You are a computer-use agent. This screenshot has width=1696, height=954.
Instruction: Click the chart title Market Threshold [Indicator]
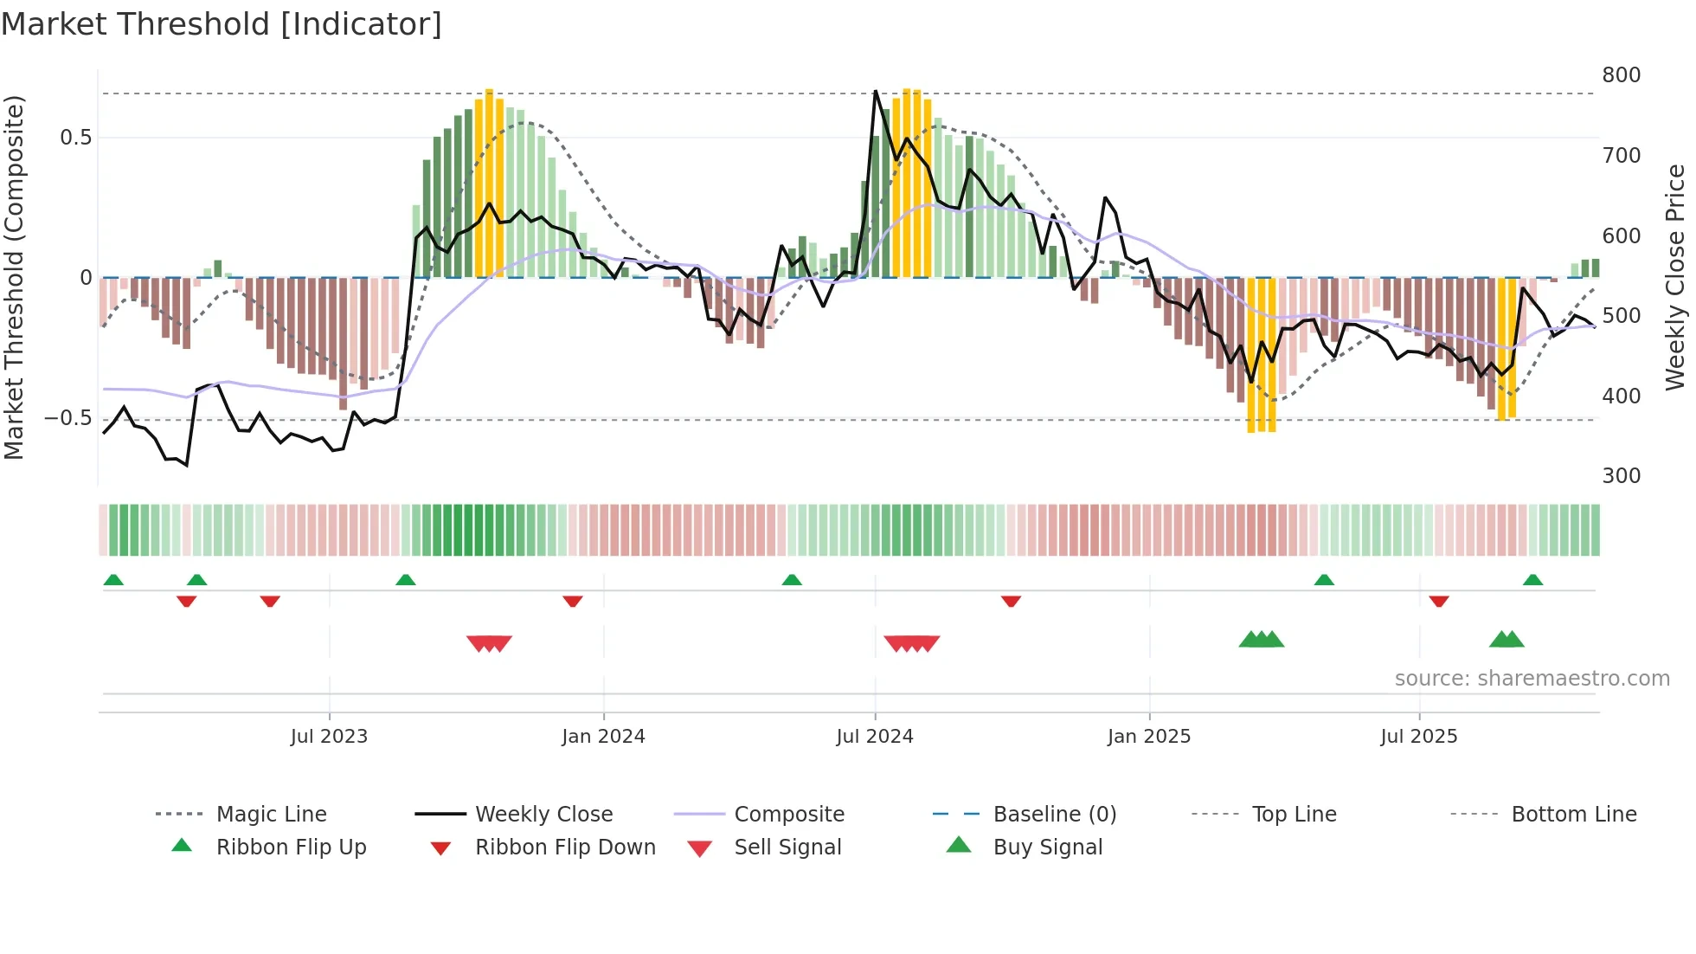tap(222, 24)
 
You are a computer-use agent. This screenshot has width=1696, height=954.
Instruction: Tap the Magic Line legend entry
tap(271, 815)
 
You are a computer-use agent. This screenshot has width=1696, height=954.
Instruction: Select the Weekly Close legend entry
tap(543, 815)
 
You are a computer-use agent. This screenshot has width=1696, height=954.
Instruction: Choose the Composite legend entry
tap(788, 815)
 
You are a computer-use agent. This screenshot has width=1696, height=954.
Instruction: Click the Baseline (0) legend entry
tap(1054, 815)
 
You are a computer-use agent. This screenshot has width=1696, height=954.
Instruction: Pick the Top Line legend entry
tap(1294, 815)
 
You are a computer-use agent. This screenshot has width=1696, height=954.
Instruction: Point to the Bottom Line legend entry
tap(1573, 815)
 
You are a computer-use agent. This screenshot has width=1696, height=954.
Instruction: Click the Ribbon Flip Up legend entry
tap(291, 848)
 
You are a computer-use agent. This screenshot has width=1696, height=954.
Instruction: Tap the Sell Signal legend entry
tap(787, 848)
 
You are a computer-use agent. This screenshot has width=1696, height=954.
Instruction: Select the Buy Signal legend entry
tap(1047, 848)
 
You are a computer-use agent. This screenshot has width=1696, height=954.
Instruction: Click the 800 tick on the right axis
tap(1621, 75)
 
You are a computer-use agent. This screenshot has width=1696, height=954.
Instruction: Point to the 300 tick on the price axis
tap(1621, 476)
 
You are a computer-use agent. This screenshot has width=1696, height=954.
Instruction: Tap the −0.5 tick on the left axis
tap(67, 418)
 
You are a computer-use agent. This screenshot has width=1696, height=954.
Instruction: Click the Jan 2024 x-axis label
tap(603, 737)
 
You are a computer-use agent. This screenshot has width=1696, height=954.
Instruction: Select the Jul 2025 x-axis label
tap(1418, 737)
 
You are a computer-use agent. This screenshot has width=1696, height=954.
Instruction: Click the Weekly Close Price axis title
tap(1675, 277)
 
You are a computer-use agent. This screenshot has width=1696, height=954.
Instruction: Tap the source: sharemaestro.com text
tap(1532, 679)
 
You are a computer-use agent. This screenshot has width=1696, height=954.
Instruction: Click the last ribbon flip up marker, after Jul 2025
tap(1532, 580)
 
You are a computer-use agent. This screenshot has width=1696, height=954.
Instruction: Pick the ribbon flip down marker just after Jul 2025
tap(1439, 601)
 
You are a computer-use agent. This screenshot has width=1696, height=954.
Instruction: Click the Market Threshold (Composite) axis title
tap(14, 277)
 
